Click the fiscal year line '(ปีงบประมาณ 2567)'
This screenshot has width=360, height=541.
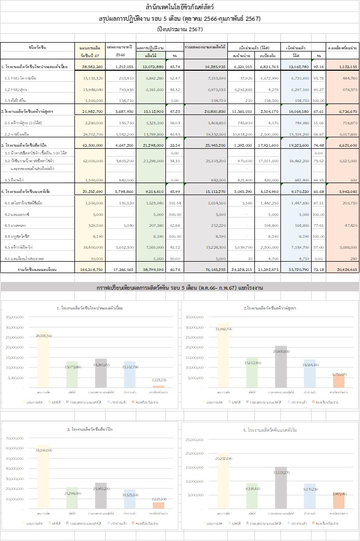pyautogui.click(x=179, y=29)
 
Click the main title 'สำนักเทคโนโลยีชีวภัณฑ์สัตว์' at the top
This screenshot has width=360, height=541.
pyautogui.click(x=179, y=7)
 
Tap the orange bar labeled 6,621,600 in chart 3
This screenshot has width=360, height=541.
pyautogui.click(x=159, y=505)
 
